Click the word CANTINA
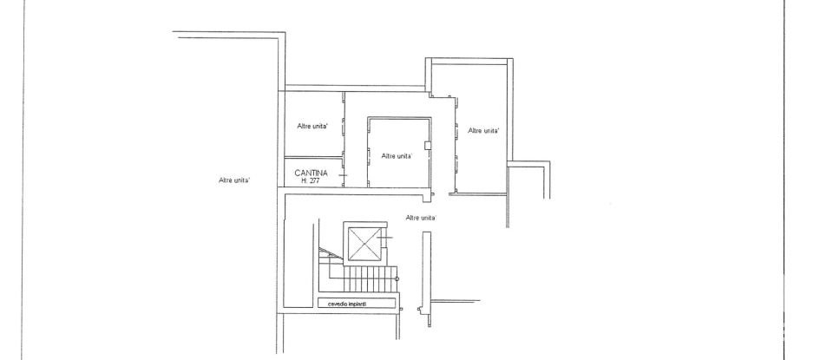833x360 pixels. pos(310,173)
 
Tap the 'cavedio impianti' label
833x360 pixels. pos(345,304)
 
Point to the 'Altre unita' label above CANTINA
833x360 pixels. pos(312,127)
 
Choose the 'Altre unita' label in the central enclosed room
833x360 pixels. pos(396,156)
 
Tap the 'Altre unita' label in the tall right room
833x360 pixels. pos(482,131)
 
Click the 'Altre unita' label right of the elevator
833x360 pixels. pos(421,217)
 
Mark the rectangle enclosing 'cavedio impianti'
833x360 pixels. pos(357,304)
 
